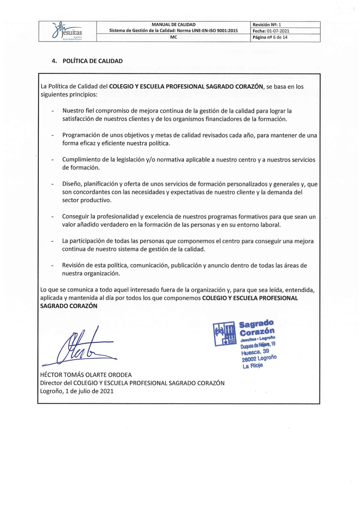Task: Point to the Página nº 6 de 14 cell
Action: pos(273,38)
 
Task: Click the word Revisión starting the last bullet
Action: pos(76,266)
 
